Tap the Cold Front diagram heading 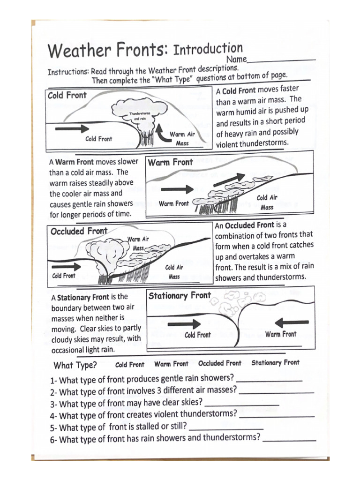(x=67, y=95)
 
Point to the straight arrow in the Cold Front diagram (x=72, y=128)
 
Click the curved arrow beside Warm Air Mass (x=161, y=132)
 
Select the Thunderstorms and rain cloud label (x=140, y=116)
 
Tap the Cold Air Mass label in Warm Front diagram (x=267, y=202)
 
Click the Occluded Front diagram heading (x=79, y=231)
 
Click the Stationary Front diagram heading (x=180, y=295)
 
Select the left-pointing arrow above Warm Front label (x=291, y=322)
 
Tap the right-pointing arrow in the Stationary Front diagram (x=184, y=324)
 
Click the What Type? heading (x=75, y=365)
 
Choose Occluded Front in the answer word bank (x=219, y=363)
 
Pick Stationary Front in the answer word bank (x=275, y=362)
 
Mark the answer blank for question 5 (x=226, y=428)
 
